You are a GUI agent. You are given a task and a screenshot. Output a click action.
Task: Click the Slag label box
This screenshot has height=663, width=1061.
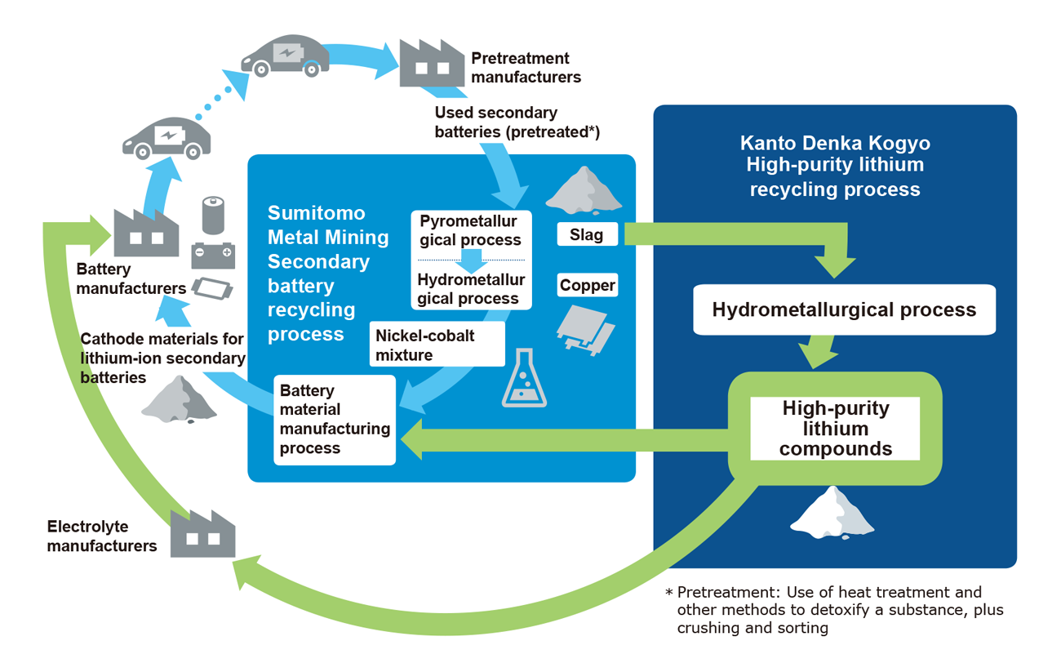pyautogui.click(x=587, y=235)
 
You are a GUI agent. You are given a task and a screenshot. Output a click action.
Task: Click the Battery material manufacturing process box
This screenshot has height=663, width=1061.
pyautogui.click(x=335, y=420)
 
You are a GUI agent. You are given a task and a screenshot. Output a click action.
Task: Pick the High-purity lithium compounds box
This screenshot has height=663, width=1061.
pyautogui.click(x=835, y=429)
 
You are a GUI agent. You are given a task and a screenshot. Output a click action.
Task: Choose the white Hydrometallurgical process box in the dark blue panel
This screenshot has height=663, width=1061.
pyautogui.click(x=844, y=310)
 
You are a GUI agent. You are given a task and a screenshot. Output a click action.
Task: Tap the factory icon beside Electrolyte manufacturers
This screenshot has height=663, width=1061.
pyautogui.click(x=202, y=534)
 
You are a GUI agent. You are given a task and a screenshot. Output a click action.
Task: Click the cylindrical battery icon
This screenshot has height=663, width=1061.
pyautogui.click(x=212, y=216)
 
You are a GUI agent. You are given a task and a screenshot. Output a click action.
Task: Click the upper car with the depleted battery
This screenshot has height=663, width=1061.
pyautogui.click(x=286, y=56)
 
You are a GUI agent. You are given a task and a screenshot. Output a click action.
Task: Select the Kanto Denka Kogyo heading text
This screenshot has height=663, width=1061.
pyautogui.click(x=835, y=144)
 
